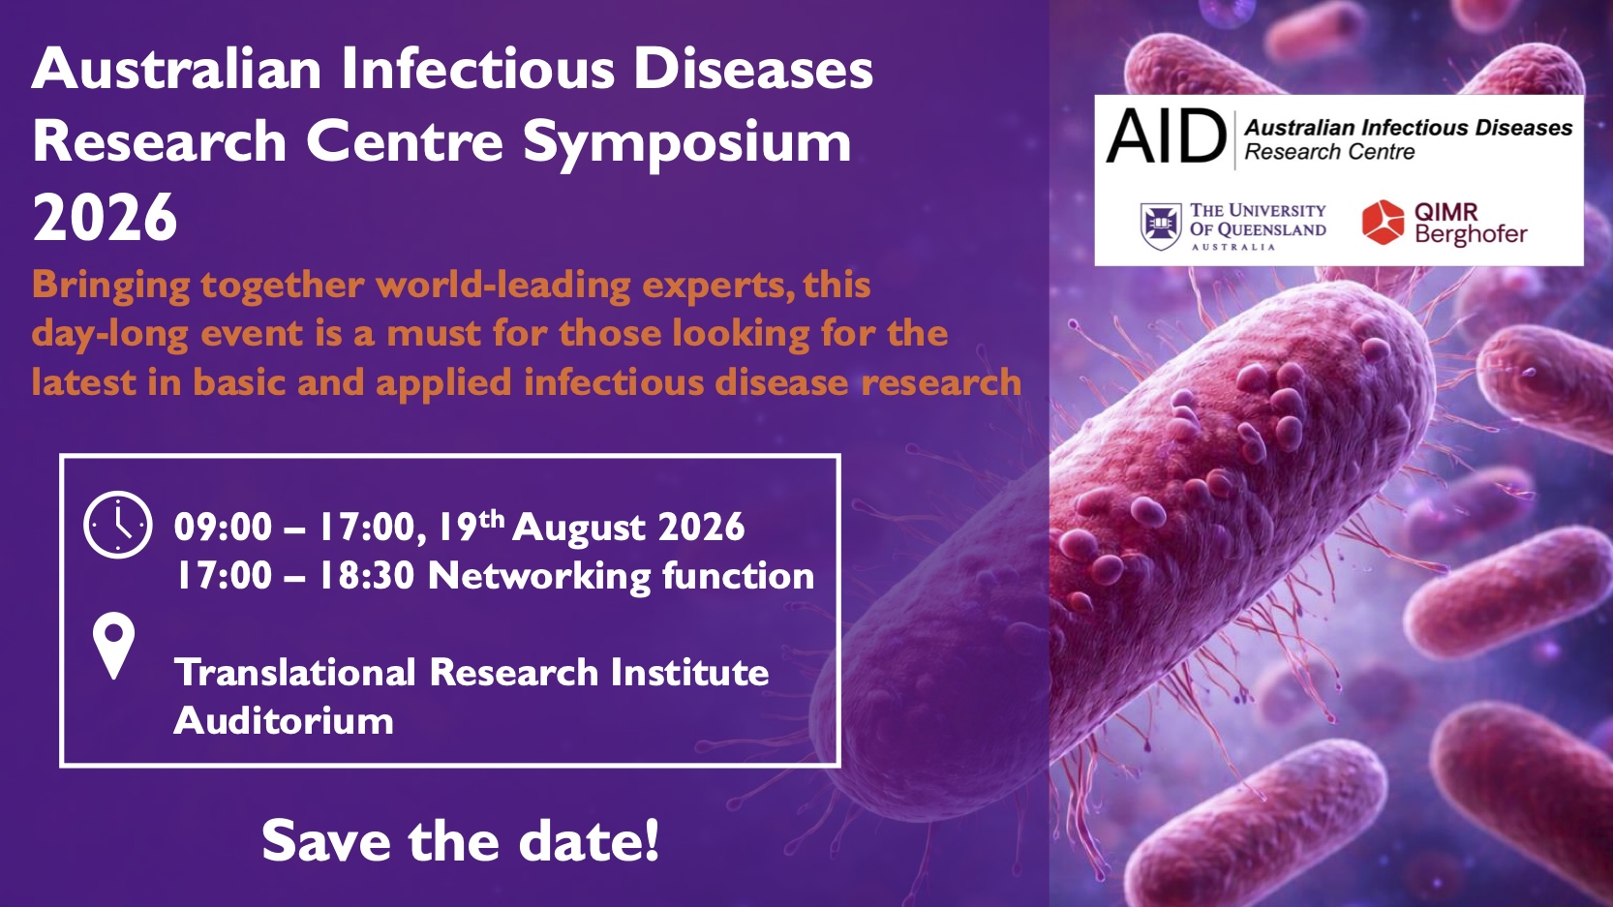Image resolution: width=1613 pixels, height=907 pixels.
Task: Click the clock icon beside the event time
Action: pos(118,525)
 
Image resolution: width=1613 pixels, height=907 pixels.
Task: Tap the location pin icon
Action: pos(114,646)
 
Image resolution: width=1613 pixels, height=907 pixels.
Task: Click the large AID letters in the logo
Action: pos(1166,136)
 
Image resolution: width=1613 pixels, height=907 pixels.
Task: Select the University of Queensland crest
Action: pos(1162,227)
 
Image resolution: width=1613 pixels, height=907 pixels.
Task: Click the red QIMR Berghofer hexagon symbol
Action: pos(1383,223)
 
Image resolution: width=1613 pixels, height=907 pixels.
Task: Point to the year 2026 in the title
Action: pos(106,218)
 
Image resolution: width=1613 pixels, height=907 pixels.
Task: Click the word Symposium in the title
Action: pos(687,142)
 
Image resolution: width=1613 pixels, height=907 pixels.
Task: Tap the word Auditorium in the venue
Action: pos(284,720)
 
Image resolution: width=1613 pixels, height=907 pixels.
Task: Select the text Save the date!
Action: pos(460,840)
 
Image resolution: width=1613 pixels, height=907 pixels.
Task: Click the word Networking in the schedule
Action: pos(539,577)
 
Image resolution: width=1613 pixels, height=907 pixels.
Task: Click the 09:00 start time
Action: pos(224,528)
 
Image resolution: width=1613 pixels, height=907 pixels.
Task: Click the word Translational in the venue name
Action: pos(295,672)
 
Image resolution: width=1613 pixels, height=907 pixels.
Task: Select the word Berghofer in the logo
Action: pos(1471,234)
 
